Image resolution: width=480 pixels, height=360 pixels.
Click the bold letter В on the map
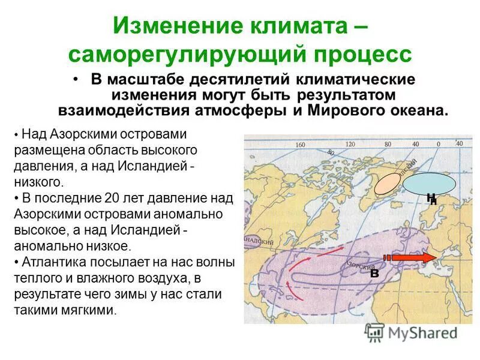[374, 272]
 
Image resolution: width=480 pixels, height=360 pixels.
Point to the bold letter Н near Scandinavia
[431, 199]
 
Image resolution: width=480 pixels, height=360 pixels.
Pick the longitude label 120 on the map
[350, 144]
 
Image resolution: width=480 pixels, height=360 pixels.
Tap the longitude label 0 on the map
[439, 144]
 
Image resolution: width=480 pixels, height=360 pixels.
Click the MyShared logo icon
[374, 331]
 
